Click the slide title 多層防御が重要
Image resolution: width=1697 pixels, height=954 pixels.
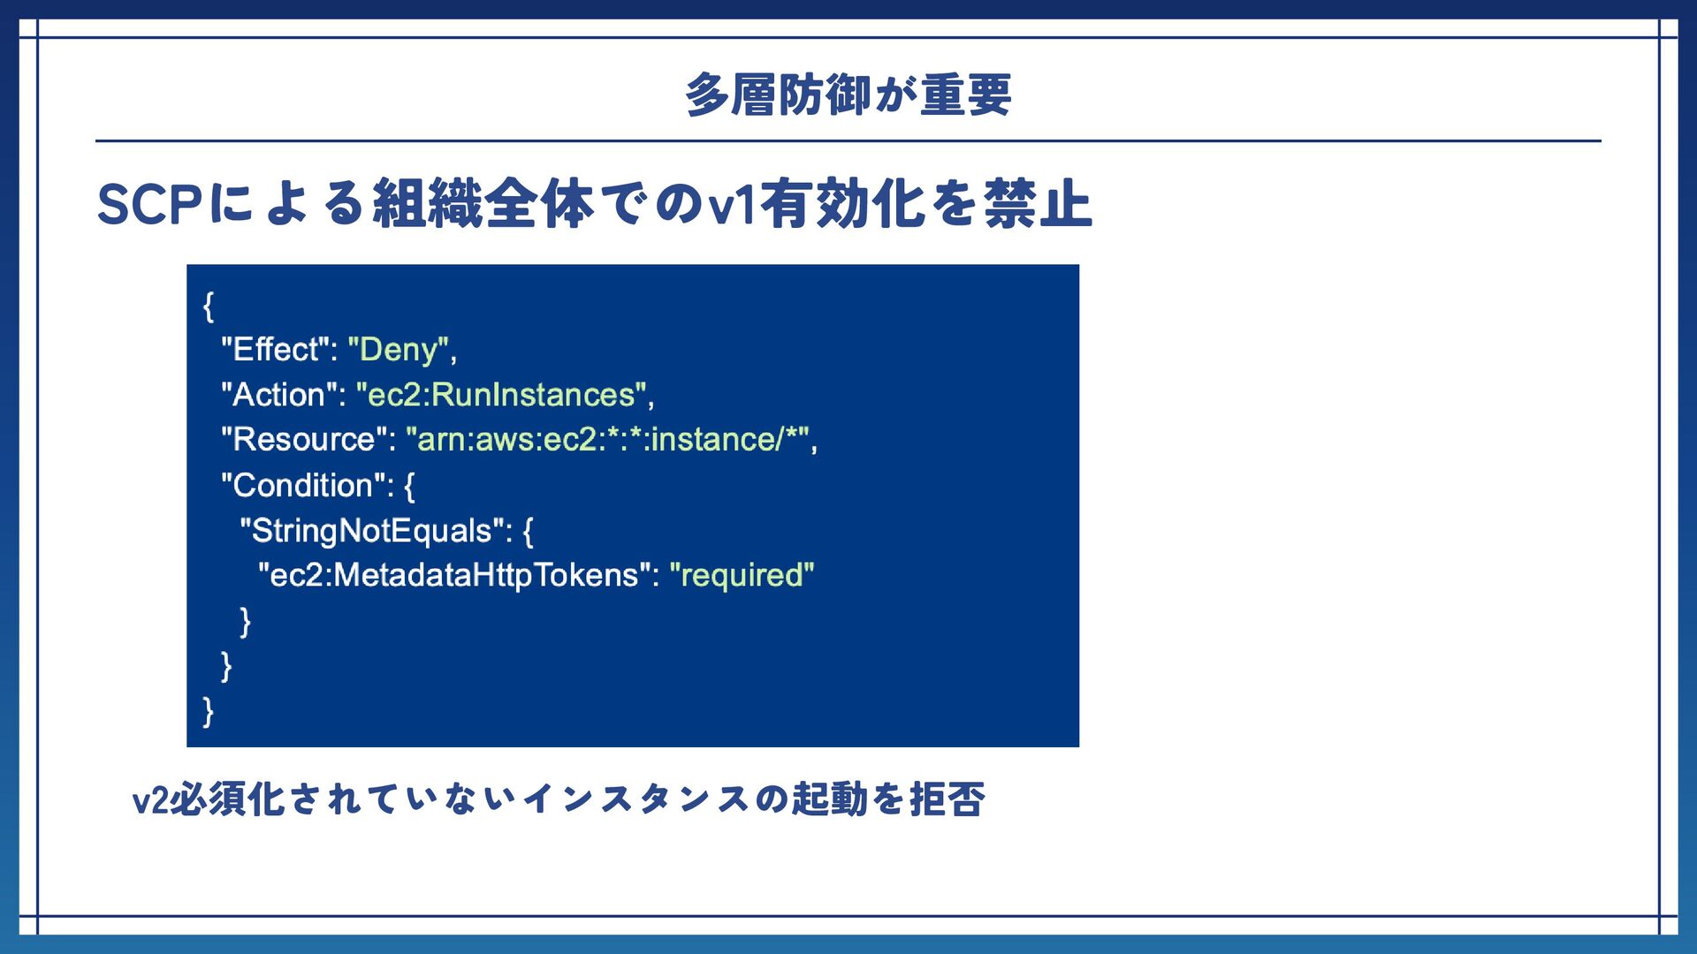[x=848, y=95]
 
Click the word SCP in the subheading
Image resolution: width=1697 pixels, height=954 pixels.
[x=150, y=205]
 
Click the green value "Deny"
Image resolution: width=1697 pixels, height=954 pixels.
[x=398, y=351]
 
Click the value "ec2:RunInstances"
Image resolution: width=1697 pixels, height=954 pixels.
[x=501, y=394]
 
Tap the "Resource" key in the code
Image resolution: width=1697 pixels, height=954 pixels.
[x=300, y=439]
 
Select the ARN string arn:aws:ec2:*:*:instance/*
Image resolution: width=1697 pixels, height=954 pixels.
[x=607, y=439]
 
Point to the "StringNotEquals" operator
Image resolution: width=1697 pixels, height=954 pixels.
[x=371, y=531]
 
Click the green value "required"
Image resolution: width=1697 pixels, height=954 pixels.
[x=742, y=576]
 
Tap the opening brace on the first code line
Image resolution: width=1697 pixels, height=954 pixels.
[x=209, y=307]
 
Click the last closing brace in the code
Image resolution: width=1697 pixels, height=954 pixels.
[x=209, y=711]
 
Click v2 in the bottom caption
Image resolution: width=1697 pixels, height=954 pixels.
[x=150, y=801]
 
